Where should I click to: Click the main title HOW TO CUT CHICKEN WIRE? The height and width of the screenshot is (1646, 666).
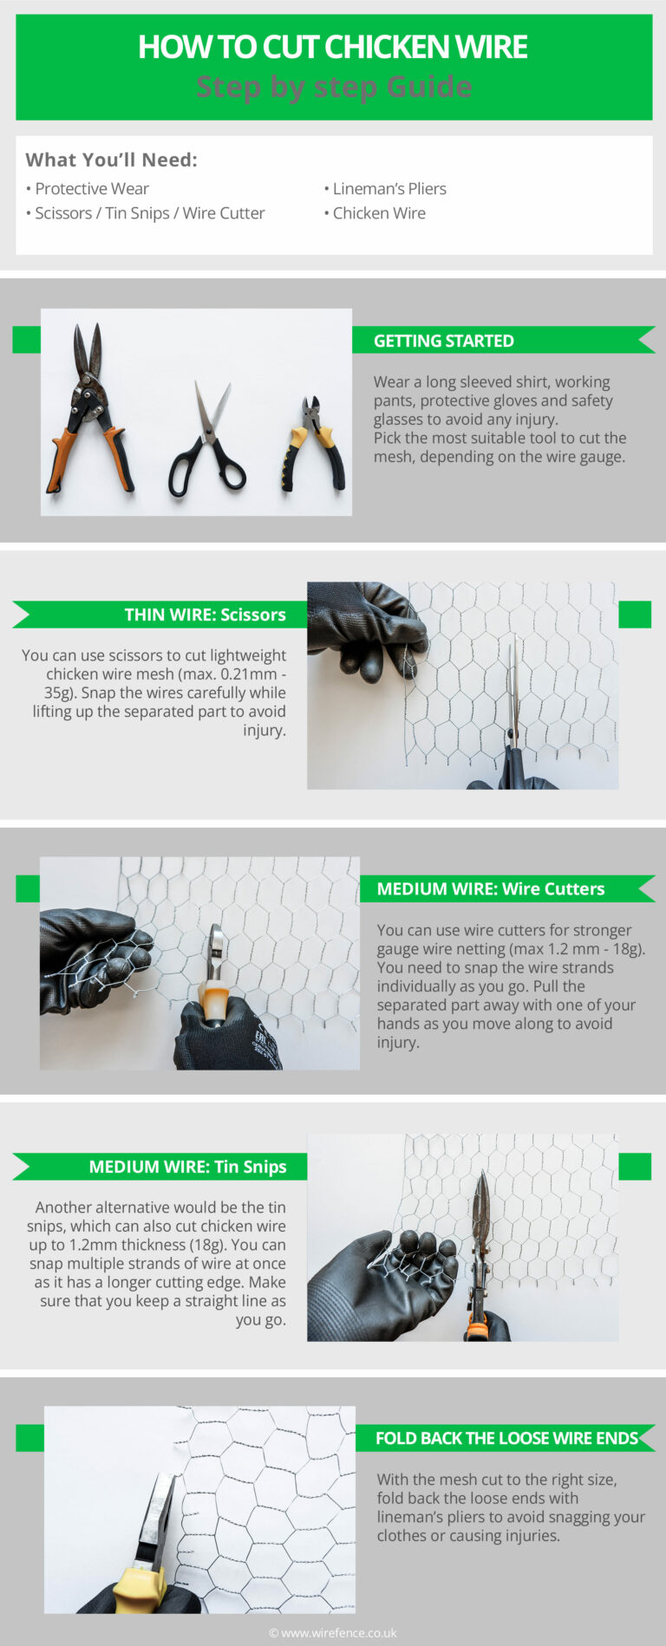(332, 47)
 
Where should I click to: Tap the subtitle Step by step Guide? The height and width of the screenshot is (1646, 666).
(334, 87)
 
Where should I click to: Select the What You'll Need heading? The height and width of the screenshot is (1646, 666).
(111, 159)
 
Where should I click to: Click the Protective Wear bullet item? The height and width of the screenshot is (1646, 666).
(91, 189)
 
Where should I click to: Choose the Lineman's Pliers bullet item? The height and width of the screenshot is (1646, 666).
(388, 189)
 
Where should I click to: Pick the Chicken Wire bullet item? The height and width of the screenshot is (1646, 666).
(378, 213)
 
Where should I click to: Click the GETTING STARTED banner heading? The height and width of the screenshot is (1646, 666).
(443, 341)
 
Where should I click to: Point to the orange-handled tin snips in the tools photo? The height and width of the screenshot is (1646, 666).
(91, 407)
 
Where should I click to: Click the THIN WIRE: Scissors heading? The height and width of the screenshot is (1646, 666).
(205, 615)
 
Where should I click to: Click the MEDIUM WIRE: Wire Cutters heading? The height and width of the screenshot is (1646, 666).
(490, 888)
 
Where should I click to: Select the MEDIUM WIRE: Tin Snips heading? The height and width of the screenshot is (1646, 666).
(187, 1167)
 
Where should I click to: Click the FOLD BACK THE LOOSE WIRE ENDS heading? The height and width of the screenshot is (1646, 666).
(506, 1438)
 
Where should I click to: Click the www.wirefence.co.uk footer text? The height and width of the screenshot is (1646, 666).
(333, 1632)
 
